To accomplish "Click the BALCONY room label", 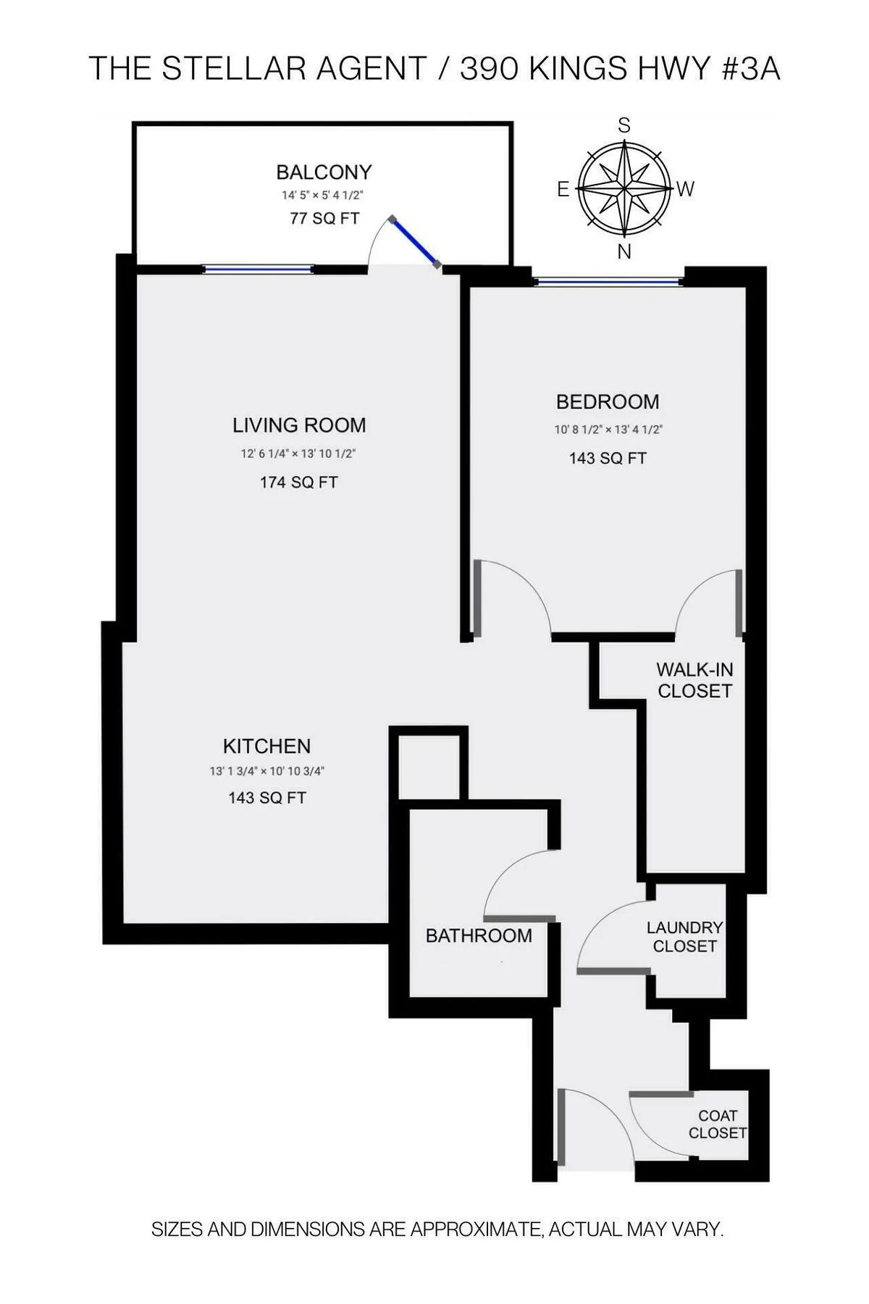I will pos(324,172).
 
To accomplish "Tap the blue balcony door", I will pos(414,242).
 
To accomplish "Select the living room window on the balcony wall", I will pos(258,269).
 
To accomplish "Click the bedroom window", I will pos(608,281).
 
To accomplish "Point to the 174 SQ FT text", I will pos(298,482).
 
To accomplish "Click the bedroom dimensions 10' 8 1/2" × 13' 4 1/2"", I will pos(608,430).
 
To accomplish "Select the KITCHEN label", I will pos(266,746).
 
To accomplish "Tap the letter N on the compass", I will pos(624,252).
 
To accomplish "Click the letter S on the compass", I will pos(624,126).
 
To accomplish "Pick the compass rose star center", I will pos(624,189).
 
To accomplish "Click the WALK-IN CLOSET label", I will pos(694,680).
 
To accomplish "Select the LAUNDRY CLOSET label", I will pos(684,937).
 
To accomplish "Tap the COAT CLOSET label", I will pos(717,1124).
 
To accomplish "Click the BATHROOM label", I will pos(479,936).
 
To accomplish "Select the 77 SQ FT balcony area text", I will pos(324,218).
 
